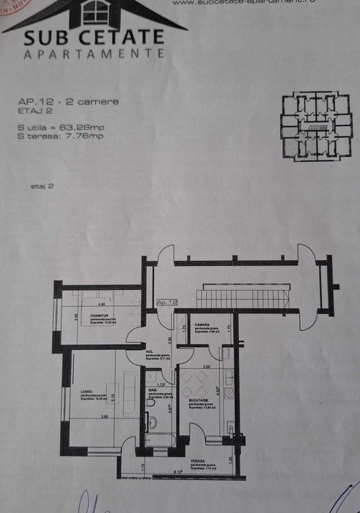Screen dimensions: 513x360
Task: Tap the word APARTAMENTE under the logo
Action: pyautogui.click(x=93, y=54)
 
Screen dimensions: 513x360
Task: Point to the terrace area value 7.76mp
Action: pyautogui.click(x=86, y=136)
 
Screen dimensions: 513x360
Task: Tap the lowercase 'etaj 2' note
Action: pyautogui.click(x=42, y=186)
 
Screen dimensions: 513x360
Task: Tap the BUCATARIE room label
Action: pyautogui.click(x=199, y=400)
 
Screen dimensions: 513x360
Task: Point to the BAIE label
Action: pyautogui.click(x=153, y=390)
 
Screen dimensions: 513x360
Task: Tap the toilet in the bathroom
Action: pyautogui.click(x=151, y=422)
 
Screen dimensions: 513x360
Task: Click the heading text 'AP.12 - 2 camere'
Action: pyautogui.click(x=67, y=101)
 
